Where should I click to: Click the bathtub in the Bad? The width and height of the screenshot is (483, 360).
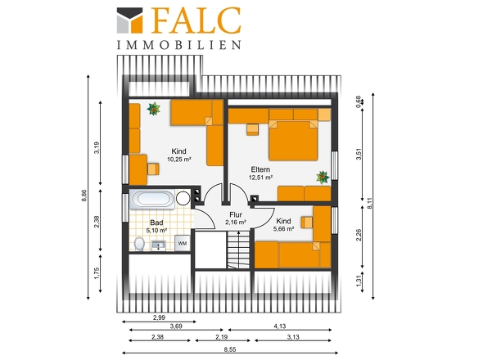pyautogui.click(x=152, y=199)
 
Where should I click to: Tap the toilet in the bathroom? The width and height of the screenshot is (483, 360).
pyautogui.click(x=139, y=244)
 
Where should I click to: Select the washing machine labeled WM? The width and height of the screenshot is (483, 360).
pyautogui.click(x=182, y=243)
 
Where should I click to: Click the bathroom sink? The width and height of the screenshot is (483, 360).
pyautogui.click(x=159, y=245)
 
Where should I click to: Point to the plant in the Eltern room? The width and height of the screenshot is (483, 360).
pyautogui.click(x=323, y=178)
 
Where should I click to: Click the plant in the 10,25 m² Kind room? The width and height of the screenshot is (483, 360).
pyautogui.click(x=153, y=109)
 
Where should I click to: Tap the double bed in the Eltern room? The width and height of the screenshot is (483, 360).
pyautogui.click(x=293, y=141)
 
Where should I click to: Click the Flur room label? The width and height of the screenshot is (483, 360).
pyautogui.click(x=236, y=214)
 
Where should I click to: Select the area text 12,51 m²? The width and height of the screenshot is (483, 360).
pyautogui.click(x=260, y=178)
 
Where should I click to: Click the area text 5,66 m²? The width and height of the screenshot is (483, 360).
pyautogui.click(x=283, y=229)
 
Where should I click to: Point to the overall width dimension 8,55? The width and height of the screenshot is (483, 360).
pyautogui.click(x=230, y=349)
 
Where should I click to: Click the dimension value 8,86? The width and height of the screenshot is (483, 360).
pyautogui.click(x=84, y=196)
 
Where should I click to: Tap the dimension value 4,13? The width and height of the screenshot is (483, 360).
pyautogui.click(x=280, y=326)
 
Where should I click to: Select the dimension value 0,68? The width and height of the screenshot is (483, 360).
pyautogui.click(x=358, y=102)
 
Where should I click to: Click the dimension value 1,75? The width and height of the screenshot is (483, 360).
pyautogui.click(x=97, y=273)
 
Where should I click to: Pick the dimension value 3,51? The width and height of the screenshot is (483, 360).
pyautogui.click(x=359, y=154)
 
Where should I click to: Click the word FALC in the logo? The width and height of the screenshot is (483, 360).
pyautogui.click(x=196, y=20)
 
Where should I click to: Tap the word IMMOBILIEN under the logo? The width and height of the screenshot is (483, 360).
pyautogui.click(x=178, y=45)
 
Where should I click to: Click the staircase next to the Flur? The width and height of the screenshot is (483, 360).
pyautogui.click(x=239, y=250)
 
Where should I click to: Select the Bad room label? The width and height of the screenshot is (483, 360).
pyautogui.click(x=156, y=223)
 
